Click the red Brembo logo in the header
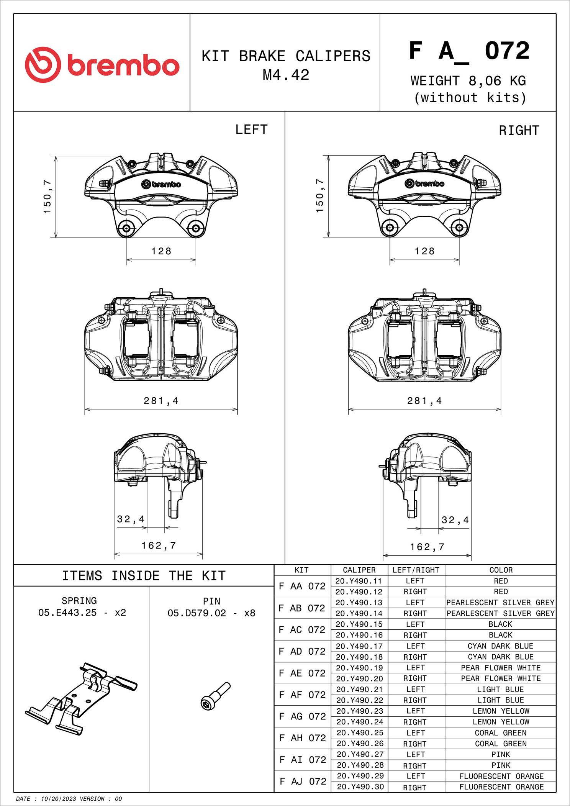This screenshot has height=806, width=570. click(102, 64)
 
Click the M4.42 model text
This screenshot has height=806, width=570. click(286, 75)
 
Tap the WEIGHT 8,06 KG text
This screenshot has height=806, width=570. click(468, 81)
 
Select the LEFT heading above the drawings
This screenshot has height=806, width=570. click(251, 130)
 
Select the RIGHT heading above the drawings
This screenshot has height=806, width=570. click(519, 131)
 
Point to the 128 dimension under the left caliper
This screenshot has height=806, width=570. click(161, 251)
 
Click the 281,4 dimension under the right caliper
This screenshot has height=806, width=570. click(424, 401)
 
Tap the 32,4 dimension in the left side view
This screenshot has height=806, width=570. click(131, 519)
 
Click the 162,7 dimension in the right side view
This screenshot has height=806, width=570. click(427, 547)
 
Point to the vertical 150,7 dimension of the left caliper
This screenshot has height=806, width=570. click(47, 197)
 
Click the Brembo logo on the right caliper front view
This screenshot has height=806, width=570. click(424, 184)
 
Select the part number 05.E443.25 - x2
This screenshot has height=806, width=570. click(82, 613)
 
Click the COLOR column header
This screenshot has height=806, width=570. click(501, 570)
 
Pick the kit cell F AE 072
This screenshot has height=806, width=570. click(302, 673)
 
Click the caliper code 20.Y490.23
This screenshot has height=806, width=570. click(359, 711)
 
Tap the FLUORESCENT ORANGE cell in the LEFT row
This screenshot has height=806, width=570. click(501, 776)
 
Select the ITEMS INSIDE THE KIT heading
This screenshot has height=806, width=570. click(144, 576)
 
